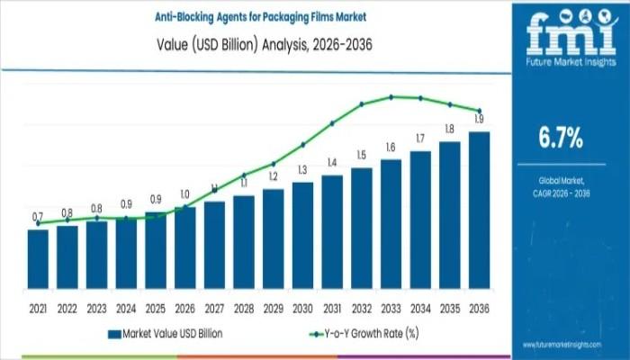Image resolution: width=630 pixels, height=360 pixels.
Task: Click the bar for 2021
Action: [x=38, y=256]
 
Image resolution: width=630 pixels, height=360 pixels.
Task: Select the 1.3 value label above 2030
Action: [x=302, y=169]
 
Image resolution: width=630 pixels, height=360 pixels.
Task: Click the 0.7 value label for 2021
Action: [x=38, y=217]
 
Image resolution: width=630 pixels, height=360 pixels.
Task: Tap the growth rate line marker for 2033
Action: [x=391, y=96]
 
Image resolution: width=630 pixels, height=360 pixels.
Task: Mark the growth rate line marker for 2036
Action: [x=480, y=111]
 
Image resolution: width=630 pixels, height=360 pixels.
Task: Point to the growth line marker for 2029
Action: [x=274, y=164]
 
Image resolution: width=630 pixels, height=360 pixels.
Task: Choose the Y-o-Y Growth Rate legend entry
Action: [x=360, y=334]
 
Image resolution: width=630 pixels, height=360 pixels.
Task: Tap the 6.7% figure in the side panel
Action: [x=560, y=138]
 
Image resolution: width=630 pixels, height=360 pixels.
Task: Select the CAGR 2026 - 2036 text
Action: [x=559, y=192]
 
